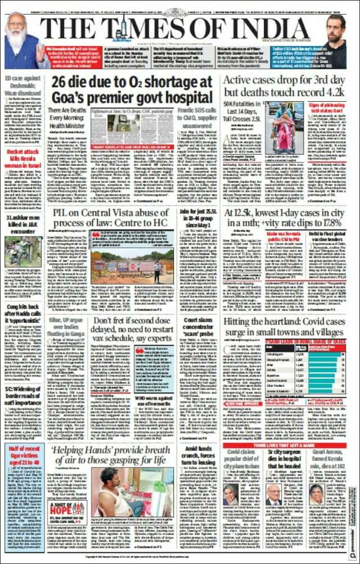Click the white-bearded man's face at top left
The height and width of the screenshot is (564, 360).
(17, 28)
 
